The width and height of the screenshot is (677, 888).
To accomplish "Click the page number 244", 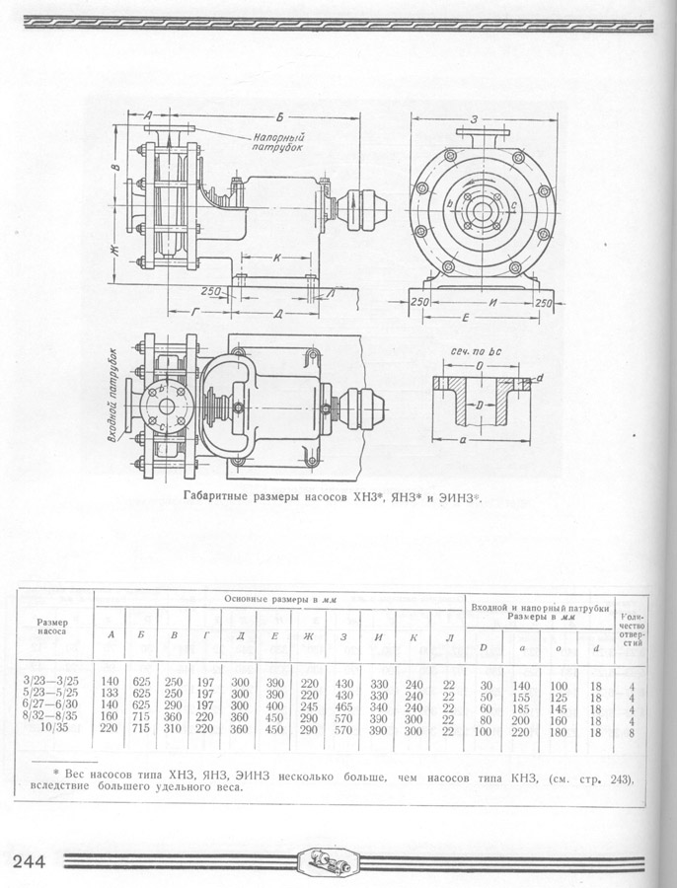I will [30, 861].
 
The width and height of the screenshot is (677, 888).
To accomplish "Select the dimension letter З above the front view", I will [475, 119].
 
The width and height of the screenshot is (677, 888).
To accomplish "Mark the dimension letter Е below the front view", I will [468, 319].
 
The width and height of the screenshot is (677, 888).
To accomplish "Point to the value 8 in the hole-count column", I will [631, 731].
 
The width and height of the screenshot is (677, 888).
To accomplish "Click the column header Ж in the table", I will [309, 637].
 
